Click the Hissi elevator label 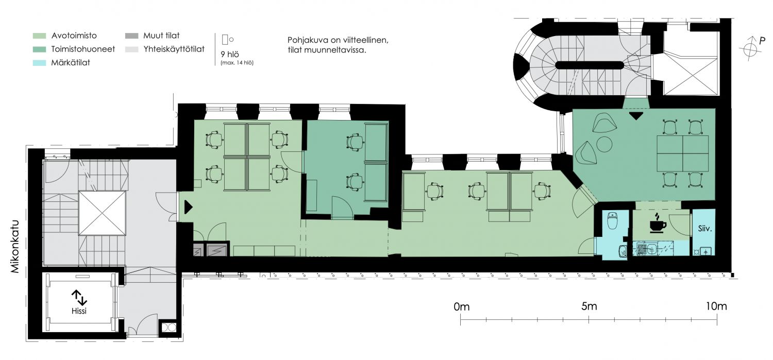(79, 311)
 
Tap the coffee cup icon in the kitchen (658, 223)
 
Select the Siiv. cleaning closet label (704, 228)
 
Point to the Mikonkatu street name (15, 246)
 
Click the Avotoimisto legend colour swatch (39, 36)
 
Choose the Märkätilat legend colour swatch (39, 63)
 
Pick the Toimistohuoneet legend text (83, 49)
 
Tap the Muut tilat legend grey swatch (131, 36)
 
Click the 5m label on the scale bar (589, 306)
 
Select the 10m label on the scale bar (716, 306)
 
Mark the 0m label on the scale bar (461, 306)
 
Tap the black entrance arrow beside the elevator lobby (189, 207)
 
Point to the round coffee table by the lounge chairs (604, 144)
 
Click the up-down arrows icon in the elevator (79, 297)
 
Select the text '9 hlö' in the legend (230, 55)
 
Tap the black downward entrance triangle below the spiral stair (636, 115)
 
